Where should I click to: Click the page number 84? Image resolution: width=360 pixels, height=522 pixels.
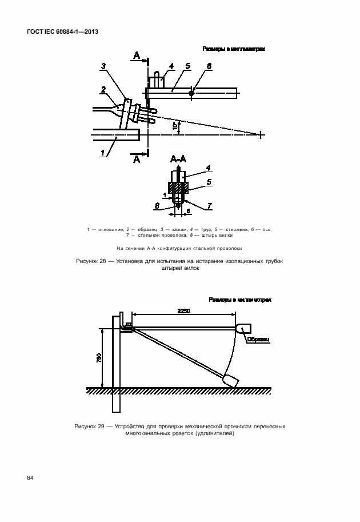(x=29, y=477)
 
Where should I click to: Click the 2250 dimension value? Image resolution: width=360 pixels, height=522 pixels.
(x=183, y=310)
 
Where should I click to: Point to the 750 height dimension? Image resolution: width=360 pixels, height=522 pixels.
(x=98, y=357)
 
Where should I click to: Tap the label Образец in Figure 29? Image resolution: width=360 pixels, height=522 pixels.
(x=258, y=339)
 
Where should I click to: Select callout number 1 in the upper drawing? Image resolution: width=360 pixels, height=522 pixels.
(x=103, y=153)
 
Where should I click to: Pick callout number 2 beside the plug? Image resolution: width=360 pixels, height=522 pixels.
(x=103, y=89)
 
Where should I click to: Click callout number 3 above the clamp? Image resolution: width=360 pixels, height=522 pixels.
(x=103, y=66)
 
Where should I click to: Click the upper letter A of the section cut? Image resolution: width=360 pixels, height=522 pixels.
(x=137, y=55)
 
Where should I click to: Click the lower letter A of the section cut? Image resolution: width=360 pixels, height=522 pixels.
(x=137, y=161)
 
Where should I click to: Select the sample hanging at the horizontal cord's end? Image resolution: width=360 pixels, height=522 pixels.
(x=243, y=328)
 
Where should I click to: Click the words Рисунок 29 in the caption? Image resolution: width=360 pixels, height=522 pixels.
(x=91, y=427)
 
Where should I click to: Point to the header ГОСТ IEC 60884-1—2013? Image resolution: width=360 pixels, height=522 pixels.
(x=62, y=32)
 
